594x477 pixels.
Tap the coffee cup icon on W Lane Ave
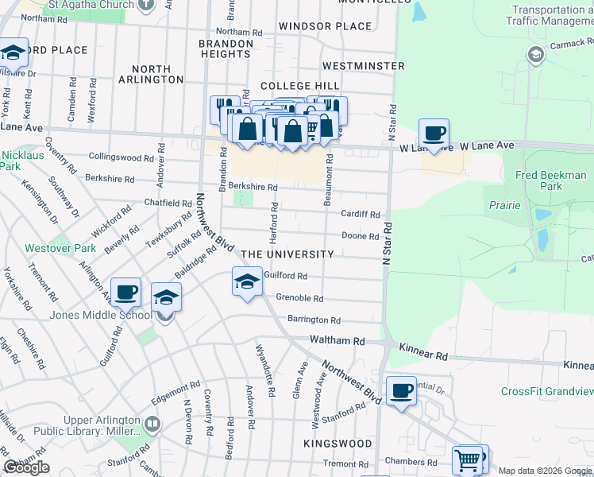point(434,134)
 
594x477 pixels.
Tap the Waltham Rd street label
point(337,340)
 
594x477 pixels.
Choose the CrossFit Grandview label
point(547,391)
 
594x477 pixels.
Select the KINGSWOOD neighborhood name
point(337,443)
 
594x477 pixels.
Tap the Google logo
point(26,467)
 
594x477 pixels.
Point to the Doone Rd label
point(360,236)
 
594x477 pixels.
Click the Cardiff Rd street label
point(361,214)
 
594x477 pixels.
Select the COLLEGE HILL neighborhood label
point(300,86)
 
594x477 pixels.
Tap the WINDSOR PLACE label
point(326,26)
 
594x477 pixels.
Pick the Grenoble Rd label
point(299,298)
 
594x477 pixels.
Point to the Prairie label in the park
point(504,205)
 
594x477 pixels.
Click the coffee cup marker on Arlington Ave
point(125,293)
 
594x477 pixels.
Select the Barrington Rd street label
point(314,320)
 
